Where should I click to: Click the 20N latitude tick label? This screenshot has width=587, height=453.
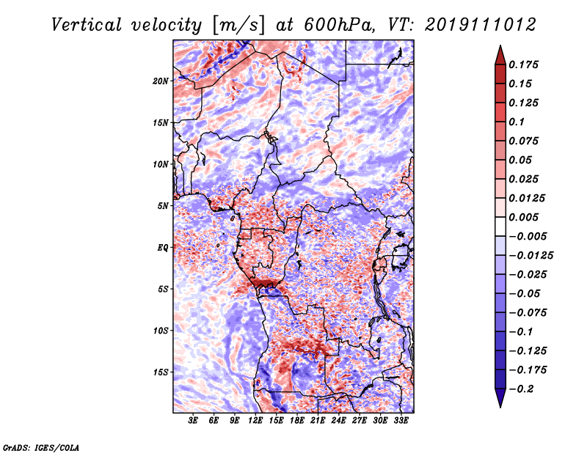pos(161,81)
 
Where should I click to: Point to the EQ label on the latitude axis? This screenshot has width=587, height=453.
pos(163,248)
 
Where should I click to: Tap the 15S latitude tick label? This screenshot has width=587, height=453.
pos(161,372)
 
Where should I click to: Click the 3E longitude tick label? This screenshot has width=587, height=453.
pos(194,421)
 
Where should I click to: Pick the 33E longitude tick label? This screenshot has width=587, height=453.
pos(401,421)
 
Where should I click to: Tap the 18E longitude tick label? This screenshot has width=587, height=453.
pos(297,421)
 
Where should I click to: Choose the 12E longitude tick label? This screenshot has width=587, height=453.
pos(255,421)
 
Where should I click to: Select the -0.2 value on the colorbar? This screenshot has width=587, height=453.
pos(526,388)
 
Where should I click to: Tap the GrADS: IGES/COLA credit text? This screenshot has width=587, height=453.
pos(41,446)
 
